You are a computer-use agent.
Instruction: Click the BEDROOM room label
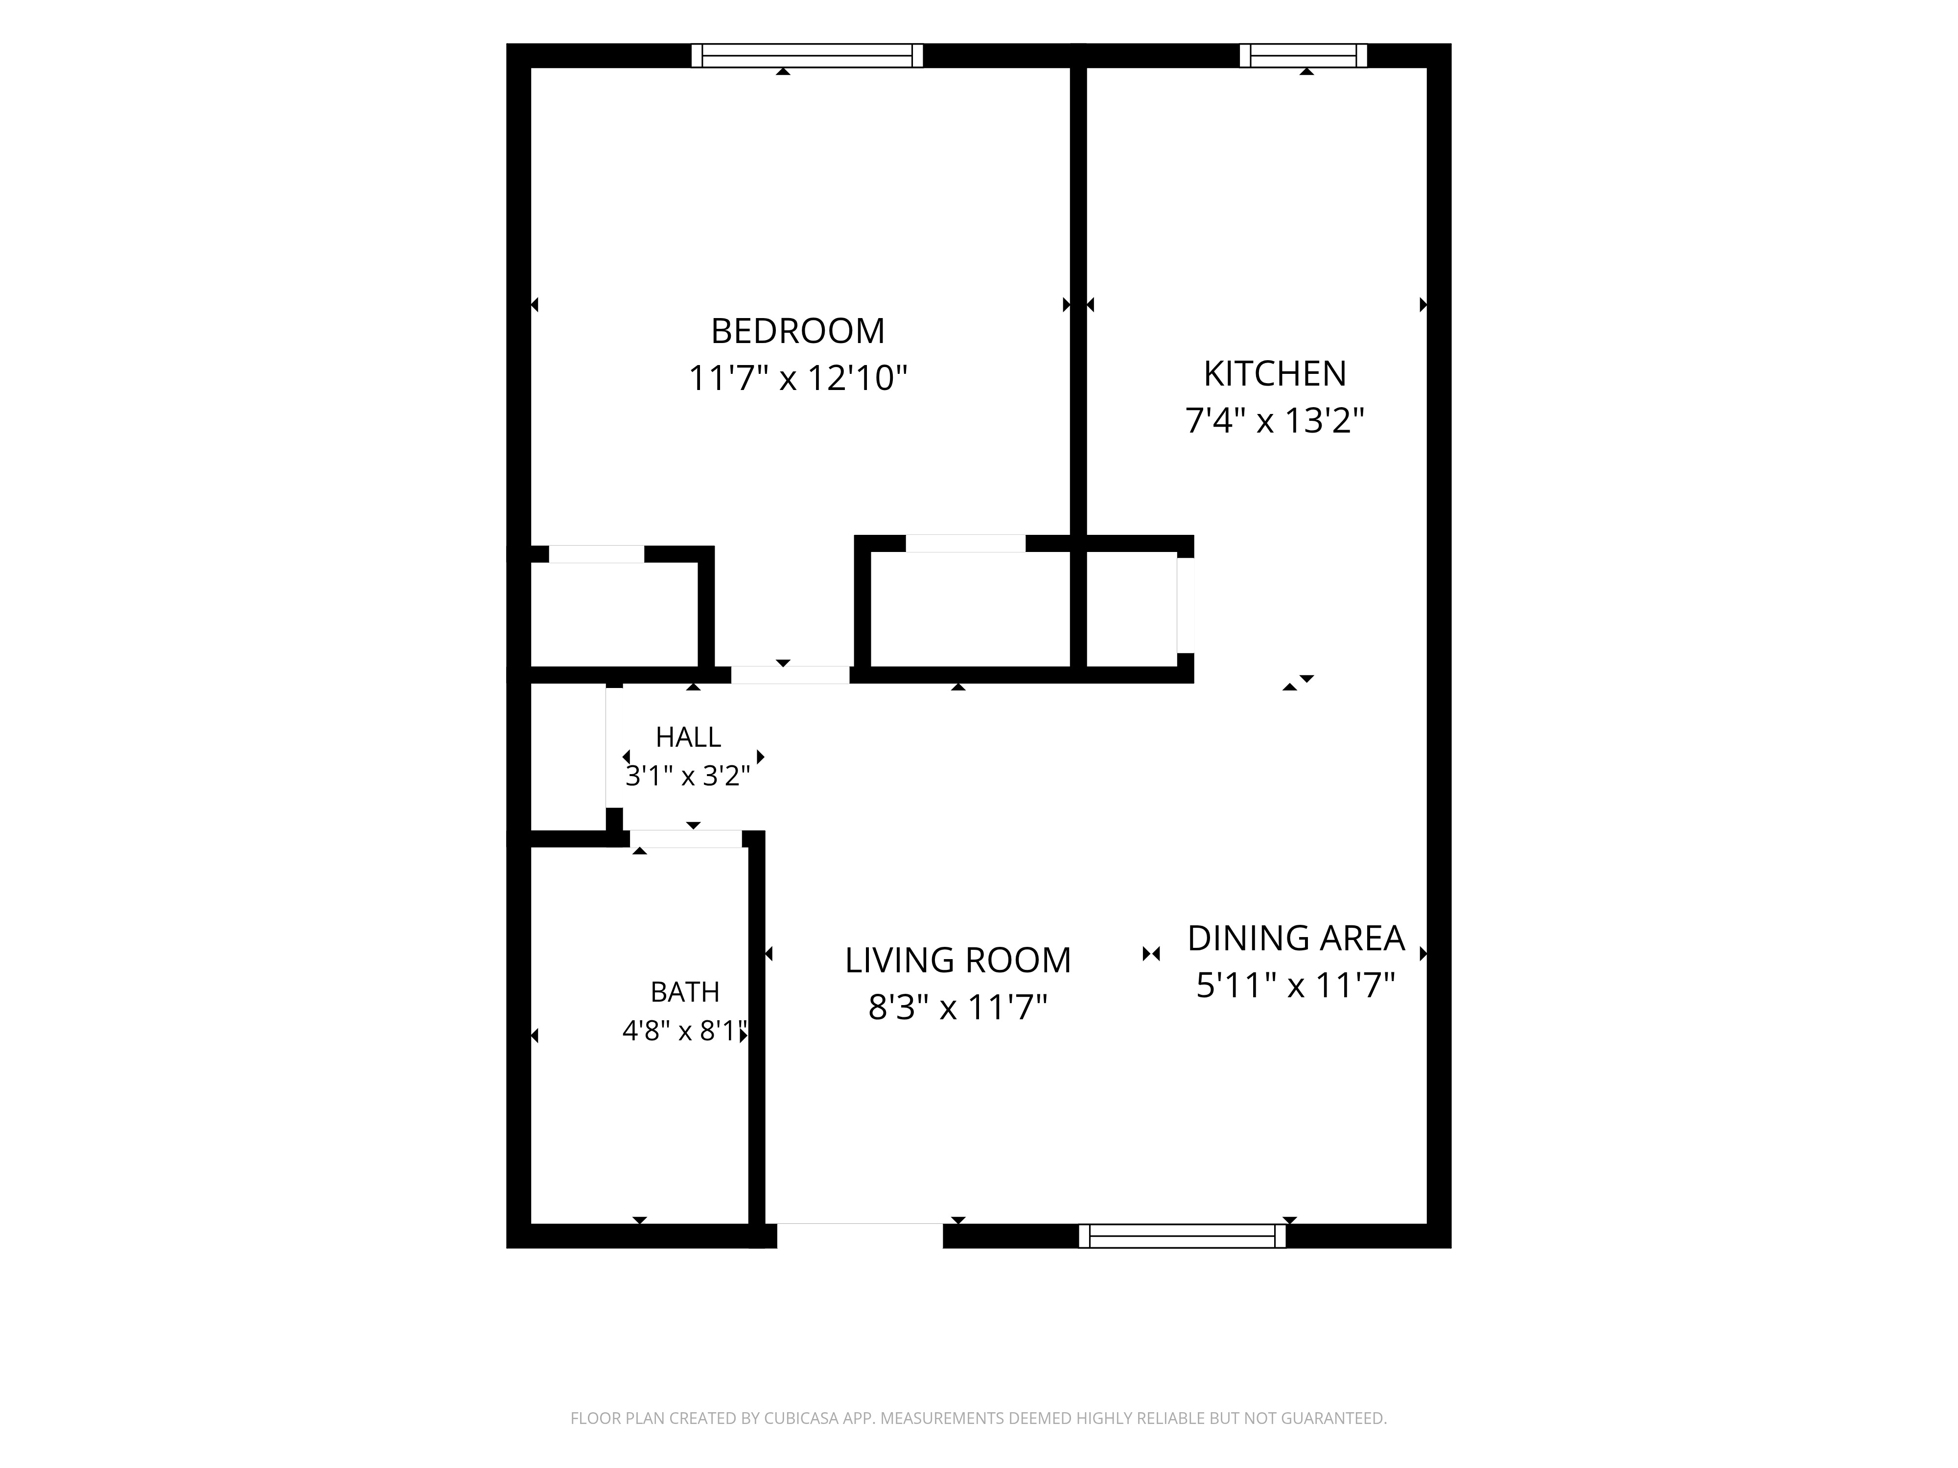[797, 331]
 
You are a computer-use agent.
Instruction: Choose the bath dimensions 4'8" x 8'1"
[686, 1031]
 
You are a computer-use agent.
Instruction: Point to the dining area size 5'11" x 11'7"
[1296, 985]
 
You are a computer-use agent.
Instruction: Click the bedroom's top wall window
[807, 56]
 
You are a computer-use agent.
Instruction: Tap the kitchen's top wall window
[1303, 56]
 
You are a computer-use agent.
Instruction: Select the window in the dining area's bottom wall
[1182, 1236]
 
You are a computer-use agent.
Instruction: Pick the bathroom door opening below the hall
[686, 839]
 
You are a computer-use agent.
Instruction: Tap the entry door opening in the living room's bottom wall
[860, 1236]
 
